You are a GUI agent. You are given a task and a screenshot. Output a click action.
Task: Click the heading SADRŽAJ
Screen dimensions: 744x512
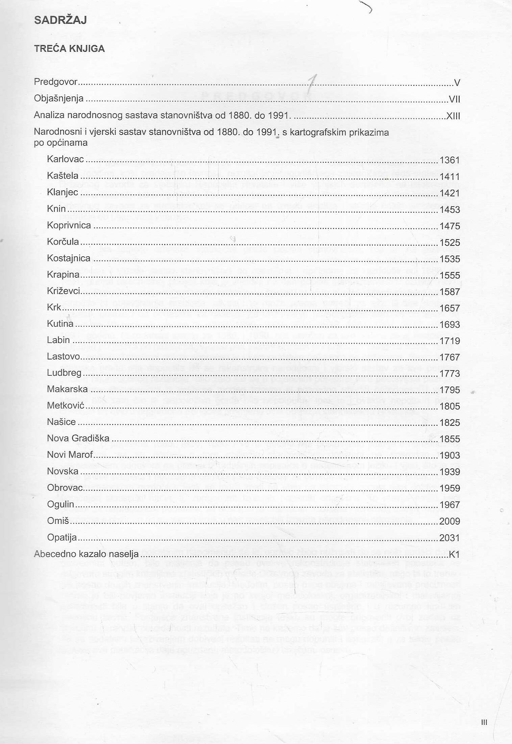(x=60, y=20)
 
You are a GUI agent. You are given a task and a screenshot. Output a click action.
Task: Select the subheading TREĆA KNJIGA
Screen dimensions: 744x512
(x=69, y=49)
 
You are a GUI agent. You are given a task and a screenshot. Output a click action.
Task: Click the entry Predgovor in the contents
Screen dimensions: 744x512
(x=55, y=82)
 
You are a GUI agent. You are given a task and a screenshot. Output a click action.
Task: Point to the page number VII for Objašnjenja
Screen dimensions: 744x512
(x=454, y=99)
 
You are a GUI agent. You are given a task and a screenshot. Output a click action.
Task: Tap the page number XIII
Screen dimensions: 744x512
(x=453, y=116)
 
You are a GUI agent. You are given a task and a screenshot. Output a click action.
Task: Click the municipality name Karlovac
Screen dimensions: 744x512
(x=65, y=159)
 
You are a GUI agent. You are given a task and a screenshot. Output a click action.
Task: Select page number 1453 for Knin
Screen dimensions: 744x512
(x=450, y=210)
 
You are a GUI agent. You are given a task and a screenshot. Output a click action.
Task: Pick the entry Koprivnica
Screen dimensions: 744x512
(x=69, y=226)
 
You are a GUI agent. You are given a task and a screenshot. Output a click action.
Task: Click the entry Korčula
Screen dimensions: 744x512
(x=63, y=242)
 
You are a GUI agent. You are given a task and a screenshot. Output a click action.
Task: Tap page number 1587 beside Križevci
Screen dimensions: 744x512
(x=450, y=292)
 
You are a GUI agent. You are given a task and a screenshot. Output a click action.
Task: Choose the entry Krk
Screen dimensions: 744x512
(x=54, y=307)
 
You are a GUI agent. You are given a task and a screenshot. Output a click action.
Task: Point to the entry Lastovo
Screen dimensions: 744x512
(x=64, y=357)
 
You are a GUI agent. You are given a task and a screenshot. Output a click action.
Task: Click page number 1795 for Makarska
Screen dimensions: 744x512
(x=450, y=390)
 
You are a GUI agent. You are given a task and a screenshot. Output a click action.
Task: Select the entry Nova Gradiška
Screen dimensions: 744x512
(x=78, y=439)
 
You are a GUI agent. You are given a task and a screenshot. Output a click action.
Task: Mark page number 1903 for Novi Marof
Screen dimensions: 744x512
(x=450, y=456)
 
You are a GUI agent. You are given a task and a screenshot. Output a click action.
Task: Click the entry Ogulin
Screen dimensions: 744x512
(x=60, y=504)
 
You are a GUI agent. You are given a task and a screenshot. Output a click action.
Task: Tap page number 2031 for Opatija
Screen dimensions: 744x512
(x=449, y=538)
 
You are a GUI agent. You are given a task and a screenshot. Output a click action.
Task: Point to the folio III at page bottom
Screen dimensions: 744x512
(x=484, y=722)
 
